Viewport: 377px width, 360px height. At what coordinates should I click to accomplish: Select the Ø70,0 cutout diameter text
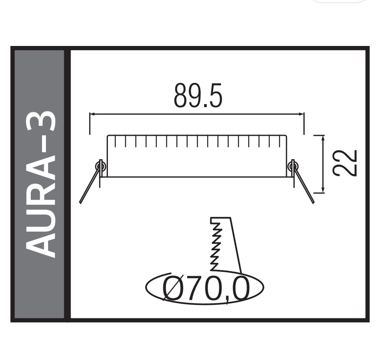point(206,288)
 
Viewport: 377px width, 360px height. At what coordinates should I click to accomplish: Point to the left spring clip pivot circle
point(100,165)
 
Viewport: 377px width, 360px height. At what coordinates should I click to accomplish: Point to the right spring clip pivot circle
point(293,165)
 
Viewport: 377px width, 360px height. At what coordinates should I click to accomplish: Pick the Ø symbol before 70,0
point(173,288)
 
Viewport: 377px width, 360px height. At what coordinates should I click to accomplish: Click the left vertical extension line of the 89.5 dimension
point(90,124)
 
